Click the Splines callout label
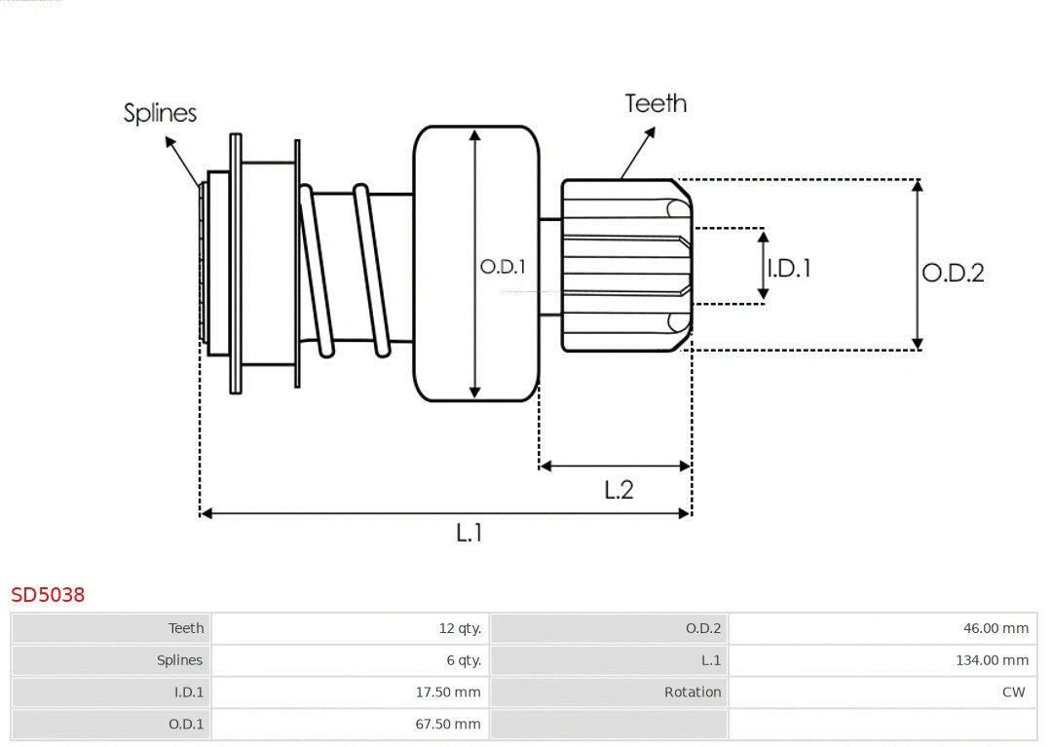click(160, 113)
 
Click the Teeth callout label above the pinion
click(655, 103)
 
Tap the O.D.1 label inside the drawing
click(503, 266)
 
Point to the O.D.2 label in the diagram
click(953, 273)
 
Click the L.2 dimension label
click(619, 489)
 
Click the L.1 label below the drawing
click(470, 533)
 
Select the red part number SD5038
click(48, 594)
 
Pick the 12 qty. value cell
click(460, 628)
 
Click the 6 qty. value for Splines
click(464, 660)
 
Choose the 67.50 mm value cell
click(448, 724)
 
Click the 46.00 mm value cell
click(996, 628)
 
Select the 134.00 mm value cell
click(992, 660)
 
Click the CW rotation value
click(1013, 692)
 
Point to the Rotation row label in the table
click(693, 692)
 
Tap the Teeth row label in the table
click(186, 628)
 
